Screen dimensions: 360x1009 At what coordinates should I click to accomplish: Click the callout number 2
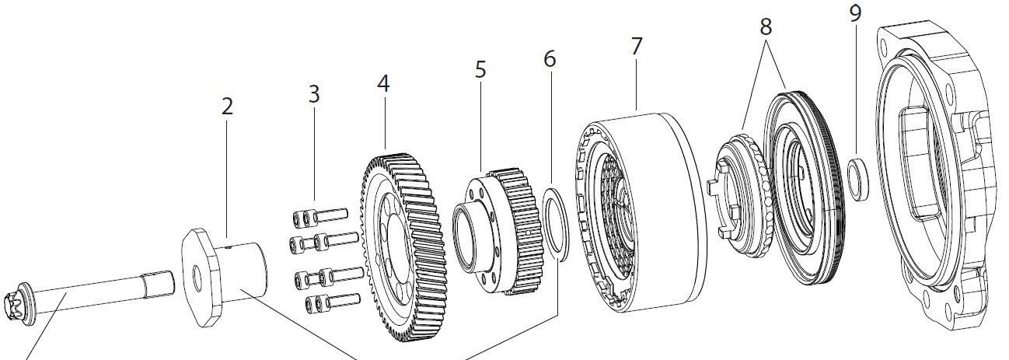(x=226, y=107)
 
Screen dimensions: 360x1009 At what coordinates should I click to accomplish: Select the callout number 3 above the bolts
(x=314, y=95)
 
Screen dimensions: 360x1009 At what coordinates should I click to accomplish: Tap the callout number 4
(x=383, y=83)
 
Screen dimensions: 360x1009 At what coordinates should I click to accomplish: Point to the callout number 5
(x=480, y=69)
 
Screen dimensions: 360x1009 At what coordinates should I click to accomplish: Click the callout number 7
(x=637, y=46)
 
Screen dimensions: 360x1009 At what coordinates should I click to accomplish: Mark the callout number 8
(x=766, y=26)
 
